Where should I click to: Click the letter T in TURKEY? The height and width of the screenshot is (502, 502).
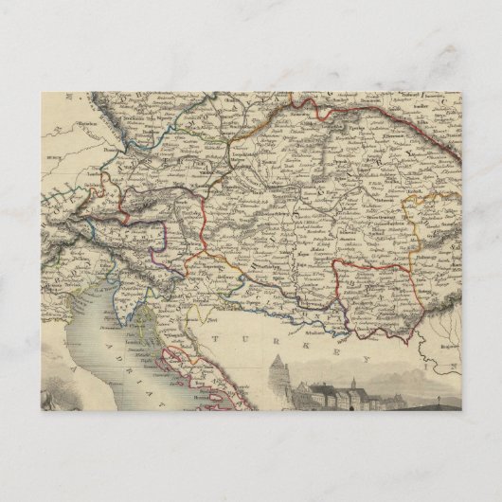(218, 336)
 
